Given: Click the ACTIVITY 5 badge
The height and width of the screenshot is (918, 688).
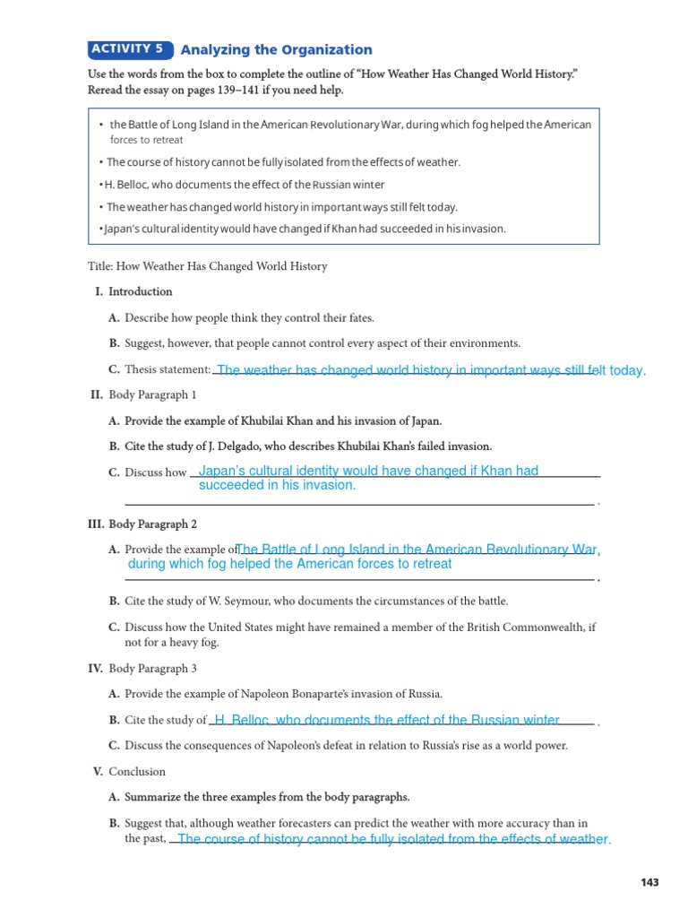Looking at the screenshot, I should point(130,49).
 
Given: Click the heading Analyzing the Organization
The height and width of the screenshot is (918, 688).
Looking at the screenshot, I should point(276,50).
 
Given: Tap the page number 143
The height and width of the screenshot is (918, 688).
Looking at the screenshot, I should point(649,883).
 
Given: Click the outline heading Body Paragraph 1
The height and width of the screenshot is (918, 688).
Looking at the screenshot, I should point(152,395).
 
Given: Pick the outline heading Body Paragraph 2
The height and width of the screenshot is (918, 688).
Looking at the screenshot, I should point(152,524).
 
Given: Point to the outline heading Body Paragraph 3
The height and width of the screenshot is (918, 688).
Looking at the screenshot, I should point(152,669).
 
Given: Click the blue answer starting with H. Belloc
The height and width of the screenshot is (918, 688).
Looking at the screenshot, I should point(387,720).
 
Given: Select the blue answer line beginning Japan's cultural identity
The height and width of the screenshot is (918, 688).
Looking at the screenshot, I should point(367,472).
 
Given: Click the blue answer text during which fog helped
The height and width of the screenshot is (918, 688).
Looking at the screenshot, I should point(289,564).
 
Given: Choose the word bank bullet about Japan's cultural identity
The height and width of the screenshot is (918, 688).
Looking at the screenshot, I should point(305,229).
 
